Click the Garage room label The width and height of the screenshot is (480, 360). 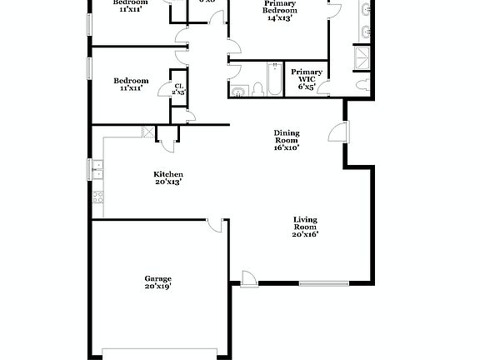157,278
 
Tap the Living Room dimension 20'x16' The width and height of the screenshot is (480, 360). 306,234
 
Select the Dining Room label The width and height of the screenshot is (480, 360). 287,137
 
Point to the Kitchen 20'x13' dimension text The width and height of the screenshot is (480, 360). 167,181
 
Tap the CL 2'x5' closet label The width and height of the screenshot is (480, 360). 178,89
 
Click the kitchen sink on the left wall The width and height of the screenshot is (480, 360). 97,169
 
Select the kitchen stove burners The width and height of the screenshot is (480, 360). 97,198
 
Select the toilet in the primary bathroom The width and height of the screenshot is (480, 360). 363,84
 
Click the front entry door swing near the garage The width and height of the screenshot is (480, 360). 248,278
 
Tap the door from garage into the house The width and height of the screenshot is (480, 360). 215,225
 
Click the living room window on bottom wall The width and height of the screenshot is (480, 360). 323,283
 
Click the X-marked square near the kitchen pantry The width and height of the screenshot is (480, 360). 148,132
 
